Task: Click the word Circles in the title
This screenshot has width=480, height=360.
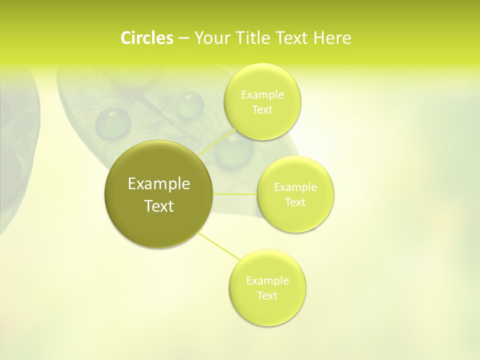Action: pos(146,38)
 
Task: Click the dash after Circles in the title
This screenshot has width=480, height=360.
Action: pos(183,38)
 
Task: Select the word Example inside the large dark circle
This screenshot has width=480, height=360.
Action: pos(159,184)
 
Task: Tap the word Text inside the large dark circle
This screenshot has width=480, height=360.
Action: pos(159,206)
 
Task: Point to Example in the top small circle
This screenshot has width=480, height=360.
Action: pos(262,95)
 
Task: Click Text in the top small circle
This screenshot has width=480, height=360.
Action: pos(262,110)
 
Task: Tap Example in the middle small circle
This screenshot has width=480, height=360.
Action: pos(295,187)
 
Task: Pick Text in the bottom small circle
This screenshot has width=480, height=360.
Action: pos(267,295)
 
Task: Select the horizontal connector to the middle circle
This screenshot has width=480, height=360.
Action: pos(235,193)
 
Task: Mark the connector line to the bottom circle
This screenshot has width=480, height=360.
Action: pos(219,246)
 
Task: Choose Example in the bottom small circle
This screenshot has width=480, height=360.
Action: pos(267,281)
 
